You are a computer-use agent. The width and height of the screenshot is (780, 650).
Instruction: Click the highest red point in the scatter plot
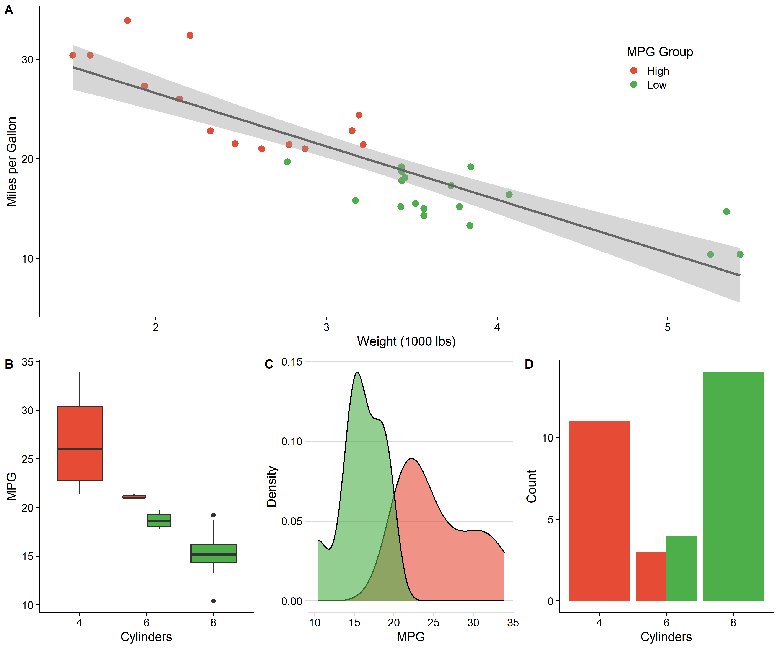pos(127,20)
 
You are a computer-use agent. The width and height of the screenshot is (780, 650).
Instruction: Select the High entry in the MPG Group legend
pos(657,71)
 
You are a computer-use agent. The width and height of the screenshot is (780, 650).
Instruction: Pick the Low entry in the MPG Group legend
pos(656,85)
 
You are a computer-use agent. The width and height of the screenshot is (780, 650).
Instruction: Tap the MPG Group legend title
pos(660,52)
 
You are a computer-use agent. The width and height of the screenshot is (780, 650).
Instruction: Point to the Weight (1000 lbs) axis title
pos(406,341)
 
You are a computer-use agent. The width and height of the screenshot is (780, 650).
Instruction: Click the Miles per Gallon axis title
pos(11,162)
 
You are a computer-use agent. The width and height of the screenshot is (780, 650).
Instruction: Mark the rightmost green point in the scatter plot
pos(740,254)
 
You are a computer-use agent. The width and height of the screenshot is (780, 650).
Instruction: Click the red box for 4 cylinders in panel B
pos(80,443)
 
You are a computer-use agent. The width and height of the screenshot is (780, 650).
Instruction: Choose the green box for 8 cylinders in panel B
pos(213,553)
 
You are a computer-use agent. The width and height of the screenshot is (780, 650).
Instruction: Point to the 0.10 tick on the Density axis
pos(292,442)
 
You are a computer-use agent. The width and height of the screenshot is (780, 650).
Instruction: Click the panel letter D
pos(529,364)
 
